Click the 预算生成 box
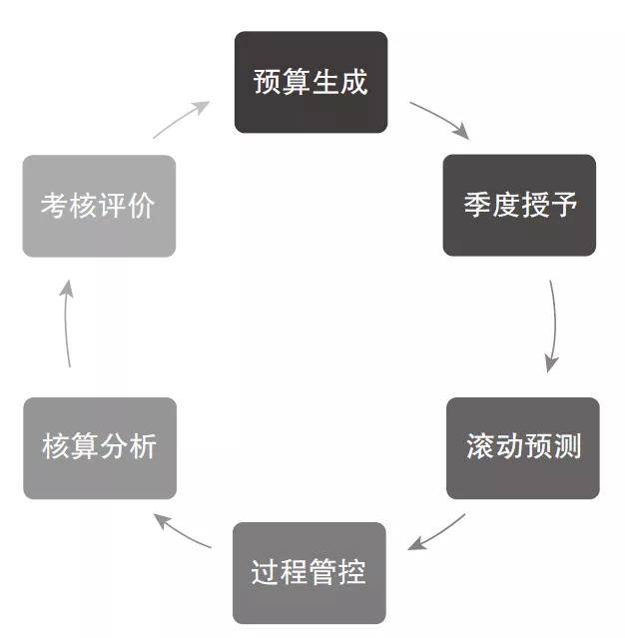click(x=311, y=82)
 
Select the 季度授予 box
click(x=519, y=205)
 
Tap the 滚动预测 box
click(x=522, y=447)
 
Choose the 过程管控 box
click(x=309, y=572)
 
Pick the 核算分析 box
click(x=100, y=447)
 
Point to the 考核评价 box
click(x=99, y=206)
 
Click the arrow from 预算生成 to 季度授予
click(x=438, y=118)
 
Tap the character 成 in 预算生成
click(x=353, y=82)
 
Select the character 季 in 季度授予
click(x=476, y=206)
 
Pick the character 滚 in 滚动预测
click(x=479, y=447)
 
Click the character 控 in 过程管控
click(x=351, y=572)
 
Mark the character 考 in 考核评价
click(x=55, y=206)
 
